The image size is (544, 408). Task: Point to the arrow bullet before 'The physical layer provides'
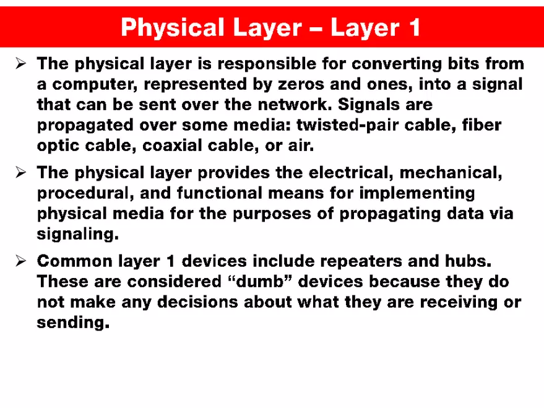(20, 173)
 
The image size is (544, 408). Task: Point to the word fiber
(480, 126)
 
